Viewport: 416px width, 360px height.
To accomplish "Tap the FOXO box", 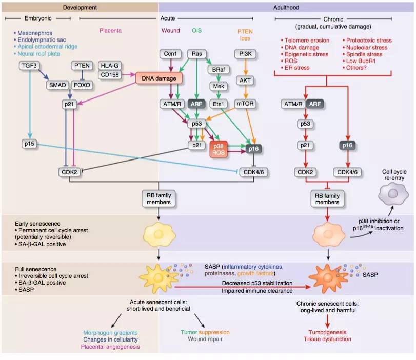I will [82, 85].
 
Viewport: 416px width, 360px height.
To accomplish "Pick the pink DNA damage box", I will [159, 78].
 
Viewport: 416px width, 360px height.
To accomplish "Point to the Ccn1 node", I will [170, 54].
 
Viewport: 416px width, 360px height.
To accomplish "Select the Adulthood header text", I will [287, 7].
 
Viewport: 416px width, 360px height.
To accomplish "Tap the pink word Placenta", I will [110, 30].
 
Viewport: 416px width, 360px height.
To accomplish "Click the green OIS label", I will [196, 30].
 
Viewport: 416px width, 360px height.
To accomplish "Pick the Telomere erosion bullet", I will [305, 40].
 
